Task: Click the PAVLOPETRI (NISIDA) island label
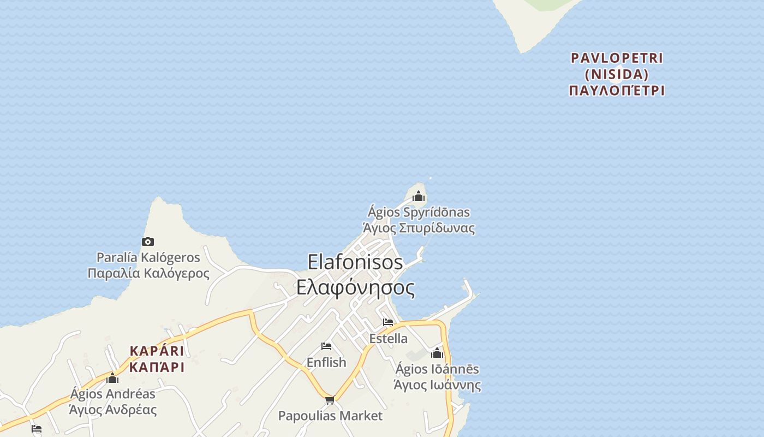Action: click(617, 66)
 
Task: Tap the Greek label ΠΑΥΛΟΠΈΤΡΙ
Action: click(617, 91)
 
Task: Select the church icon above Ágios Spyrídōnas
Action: click(419, 196)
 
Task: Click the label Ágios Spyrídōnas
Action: click(419, 212)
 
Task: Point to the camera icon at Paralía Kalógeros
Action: click(148, 241)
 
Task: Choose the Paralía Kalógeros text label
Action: click(148, 257)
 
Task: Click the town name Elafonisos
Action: click(355, 262)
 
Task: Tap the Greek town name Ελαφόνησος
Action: click(355, 287)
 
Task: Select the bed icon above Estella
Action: click(388, 322)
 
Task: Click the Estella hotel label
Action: click(388, 338)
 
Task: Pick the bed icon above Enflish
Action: click(326, 346)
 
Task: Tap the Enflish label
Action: click(326, 362)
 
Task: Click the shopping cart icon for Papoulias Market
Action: click(330, 400)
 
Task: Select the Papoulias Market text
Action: click(330, 416)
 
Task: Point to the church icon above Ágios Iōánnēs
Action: click(437, 353)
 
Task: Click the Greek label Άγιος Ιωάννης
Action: click(437, 385)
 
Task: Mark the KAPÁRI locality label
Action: click(157, 351)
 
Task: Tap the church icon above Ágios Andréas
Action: click(112, 378)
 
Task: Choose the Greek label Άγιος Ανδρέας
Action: click(113, 410)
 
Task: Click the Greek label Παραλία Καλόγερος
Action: click(148, 273)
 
